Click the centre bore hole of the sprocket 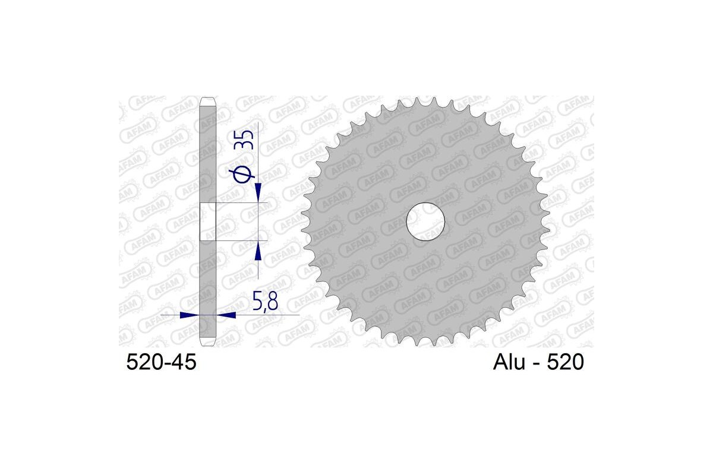[425, 221]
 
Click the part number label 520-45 [160, 362]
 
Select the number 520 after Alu [567, 362]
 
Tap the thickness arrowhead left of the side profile [189, 315]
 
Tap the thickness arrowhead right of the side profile [226, 315]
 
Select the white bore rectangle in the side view [207, 221]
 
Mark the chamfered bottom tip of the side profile [207, 344]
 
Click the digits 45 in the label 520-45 [182, 362]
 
